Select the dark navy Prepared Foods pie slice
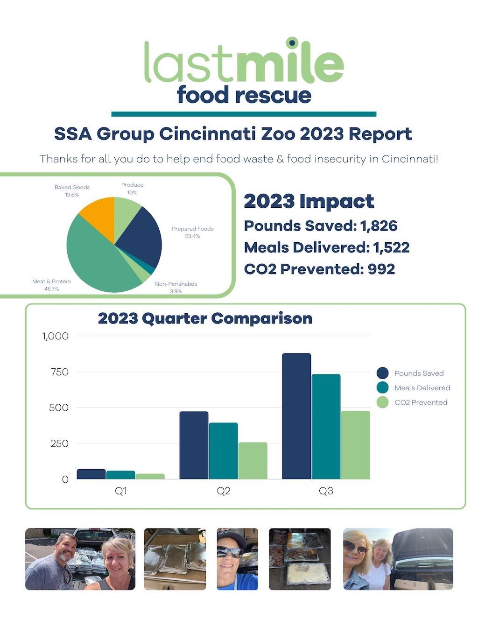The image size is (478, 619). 140,238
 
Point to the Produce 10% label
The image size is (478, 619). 132,189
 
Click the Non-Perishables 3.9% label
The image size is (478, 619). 176,287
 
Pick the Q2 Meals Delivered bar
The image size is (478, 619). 223,451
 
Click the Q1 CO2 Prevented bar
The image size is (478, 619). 150,477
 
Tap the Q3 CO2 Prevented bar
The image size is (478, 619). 355,445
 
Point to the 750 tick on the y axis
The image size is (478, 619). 60,372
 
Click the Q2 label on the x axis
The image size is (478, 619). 223,491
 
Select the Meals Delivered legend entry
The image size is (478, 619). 414,388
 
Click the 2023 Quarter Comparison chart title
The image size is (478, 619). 205,318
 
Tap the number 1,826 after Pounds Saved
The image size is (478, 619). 379,226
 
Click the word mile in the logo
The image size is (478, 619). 289,63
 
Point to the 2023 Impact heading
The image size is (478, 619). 309,201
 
